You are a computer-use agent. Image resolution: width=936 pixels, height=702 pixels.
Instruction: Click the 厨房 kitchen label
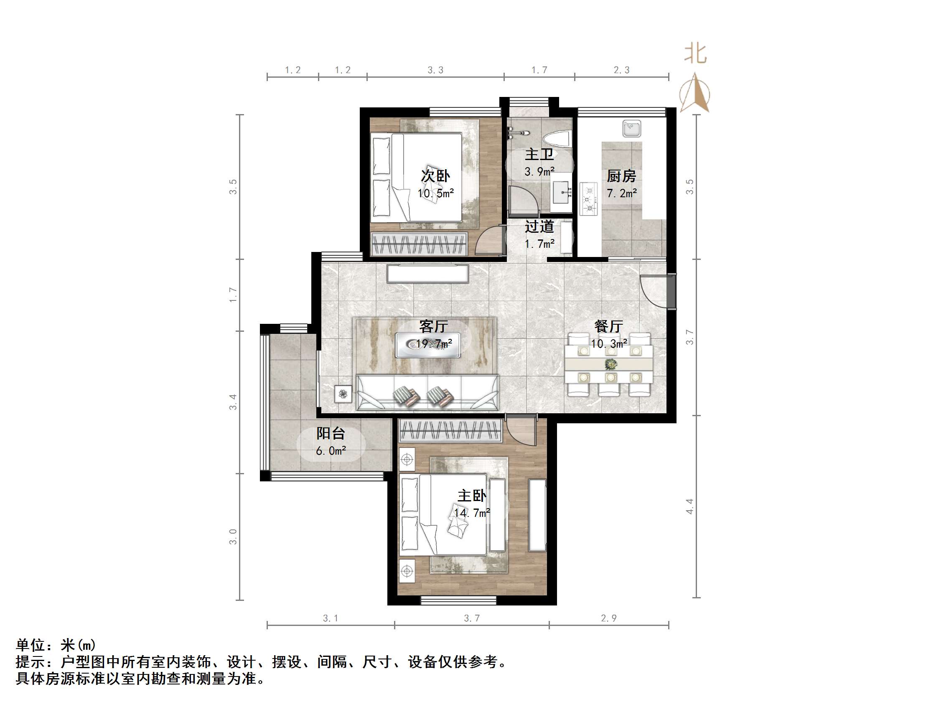pos(621,175)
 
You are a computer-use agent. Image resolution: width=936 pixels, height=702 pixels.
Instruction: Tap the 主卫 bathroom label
pos(539,154)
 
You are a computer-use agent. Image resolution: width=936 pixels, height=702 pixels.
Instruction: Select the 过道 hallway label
pos(539,226)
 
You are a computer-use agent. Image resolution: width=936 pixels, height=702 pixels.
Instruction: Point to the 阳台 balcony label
pos(331,433)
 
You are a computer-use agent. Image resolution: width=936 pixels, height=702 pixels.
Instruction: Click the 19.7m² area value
pos(433,343)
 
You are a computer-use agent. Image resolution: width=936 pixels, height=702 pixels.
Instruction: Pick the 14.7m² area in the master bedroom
pos(472,513)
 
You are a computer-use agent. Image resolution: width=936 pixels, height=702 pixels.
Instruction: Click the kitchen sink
pos(632,128)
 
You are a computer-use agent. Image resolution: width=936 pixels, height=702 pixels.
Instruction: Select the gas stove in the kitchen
pos(588,199)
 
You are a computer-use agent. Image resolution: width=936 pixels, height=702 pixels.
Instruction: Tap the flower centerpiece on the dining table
pos(610,364)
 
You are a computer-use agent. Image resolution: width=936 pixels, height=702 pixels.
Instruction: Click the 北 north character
pos(695,54)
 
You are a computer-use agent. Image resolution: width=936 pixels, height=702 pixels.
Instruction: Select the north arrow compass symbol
pos(695,94)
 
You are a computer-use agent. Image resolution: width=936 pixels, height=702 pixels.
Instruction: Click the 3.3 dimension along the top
pos(435,70)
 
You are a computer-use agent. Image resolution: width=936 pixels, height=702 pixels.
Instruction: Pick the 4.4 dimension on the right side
pos(690,506)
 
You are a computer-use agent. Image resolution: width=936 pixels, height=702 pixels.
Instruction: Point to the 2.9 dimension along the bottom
pos(608,618)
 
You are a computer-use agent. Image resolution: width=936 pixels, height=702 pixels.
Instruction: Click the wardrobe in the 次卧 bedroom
pos(419,244)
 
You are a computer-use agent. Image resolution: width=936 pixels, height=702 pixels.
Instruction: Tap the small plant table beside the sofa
pos(343,394)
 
